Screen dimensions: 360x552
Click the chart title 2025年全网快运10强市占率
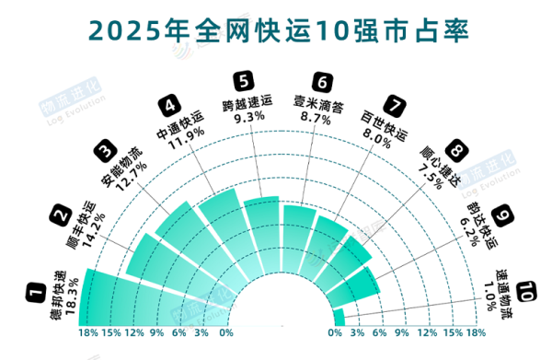tap(276, 29)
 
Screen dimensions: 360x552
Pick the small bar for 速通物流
tap(338, 318)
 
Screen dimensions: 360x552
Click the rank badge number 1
tap(36, 295)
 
